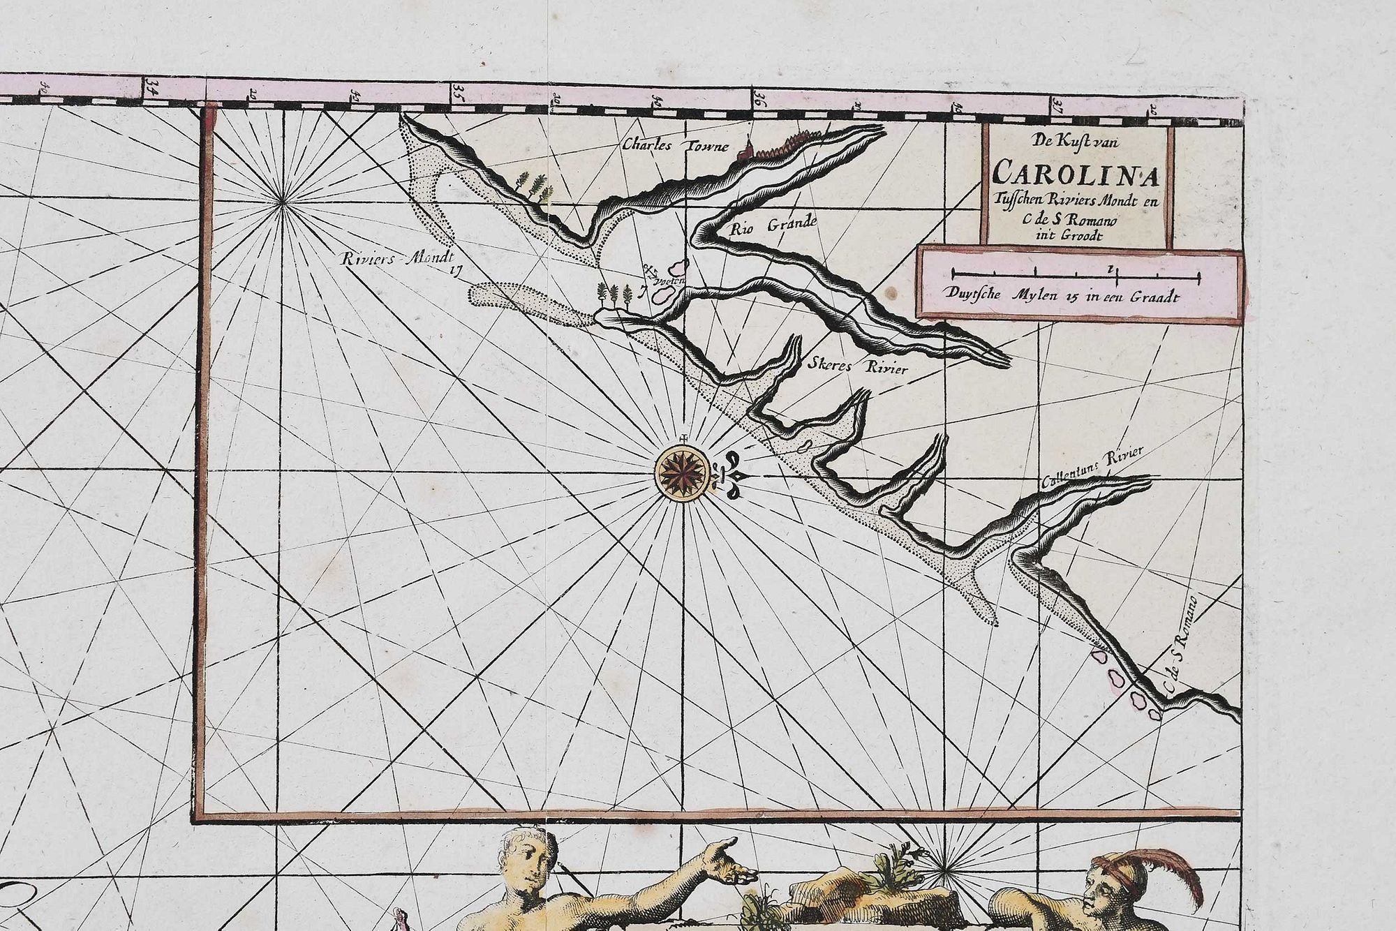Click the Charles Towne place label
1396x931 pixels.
[675, 147]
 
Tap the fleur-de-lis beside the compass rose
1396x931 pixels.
[732, 475]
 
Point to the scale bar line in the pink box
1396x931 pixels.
[1076, 276]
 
